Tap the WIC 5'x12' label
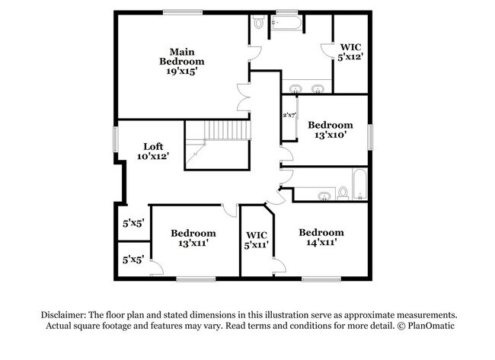(351, 51)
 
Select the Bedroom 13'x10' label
(330, 130)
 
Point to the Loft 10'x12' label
(152, 151)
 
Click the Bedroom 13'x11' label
(193, 238)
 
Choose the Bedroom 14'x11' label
(321, 237)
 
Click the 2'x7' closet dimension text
(289, 116)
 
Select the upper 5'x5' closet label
(133, 224)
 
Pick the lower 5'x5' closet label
(133, 260)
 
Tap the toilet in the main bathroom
(259, 24)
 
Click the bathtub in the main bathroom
(287, 25)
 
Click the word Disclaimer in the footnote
(62, 314)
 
